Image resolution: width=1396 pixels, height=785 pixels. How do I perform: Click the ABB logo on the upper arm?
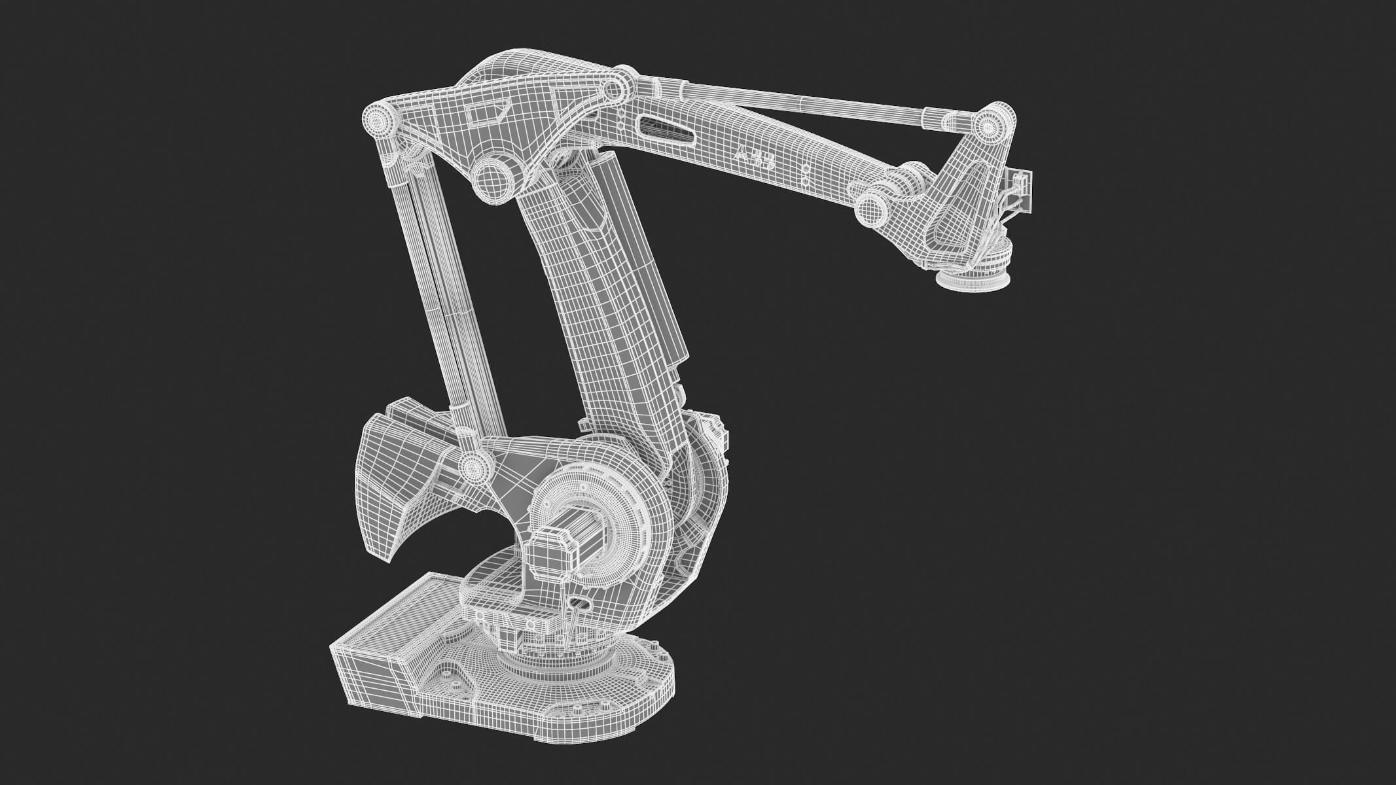click(x=755, y=159)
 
